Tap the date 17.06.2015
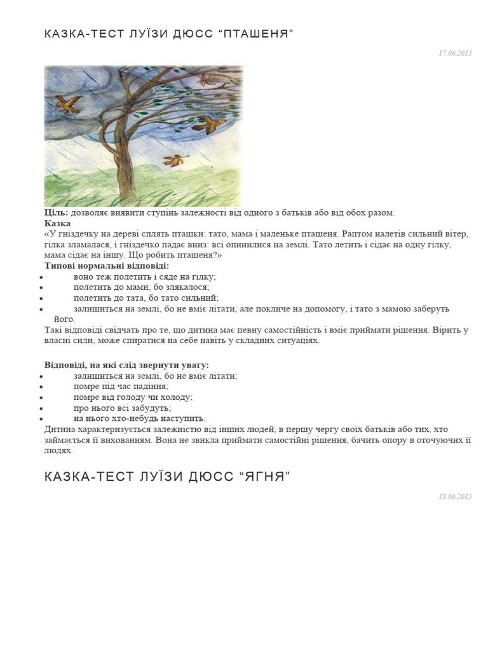[455, 53]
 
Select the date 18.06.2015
[455, 497]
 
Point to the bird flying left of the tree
[67, 102]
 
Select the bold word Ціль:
[57, 212]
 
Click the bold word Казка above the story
[57, 223]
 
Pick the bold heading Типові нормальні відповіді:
[107, 266]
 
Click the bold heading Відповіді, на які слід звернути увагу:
[126, 365]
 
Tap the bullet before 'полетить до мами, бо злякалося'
[41, 288]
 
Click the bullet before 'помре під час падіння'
[41, 387]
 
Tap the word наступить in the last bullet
[184, 418]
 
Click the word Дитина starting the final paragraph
[58, 429]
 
